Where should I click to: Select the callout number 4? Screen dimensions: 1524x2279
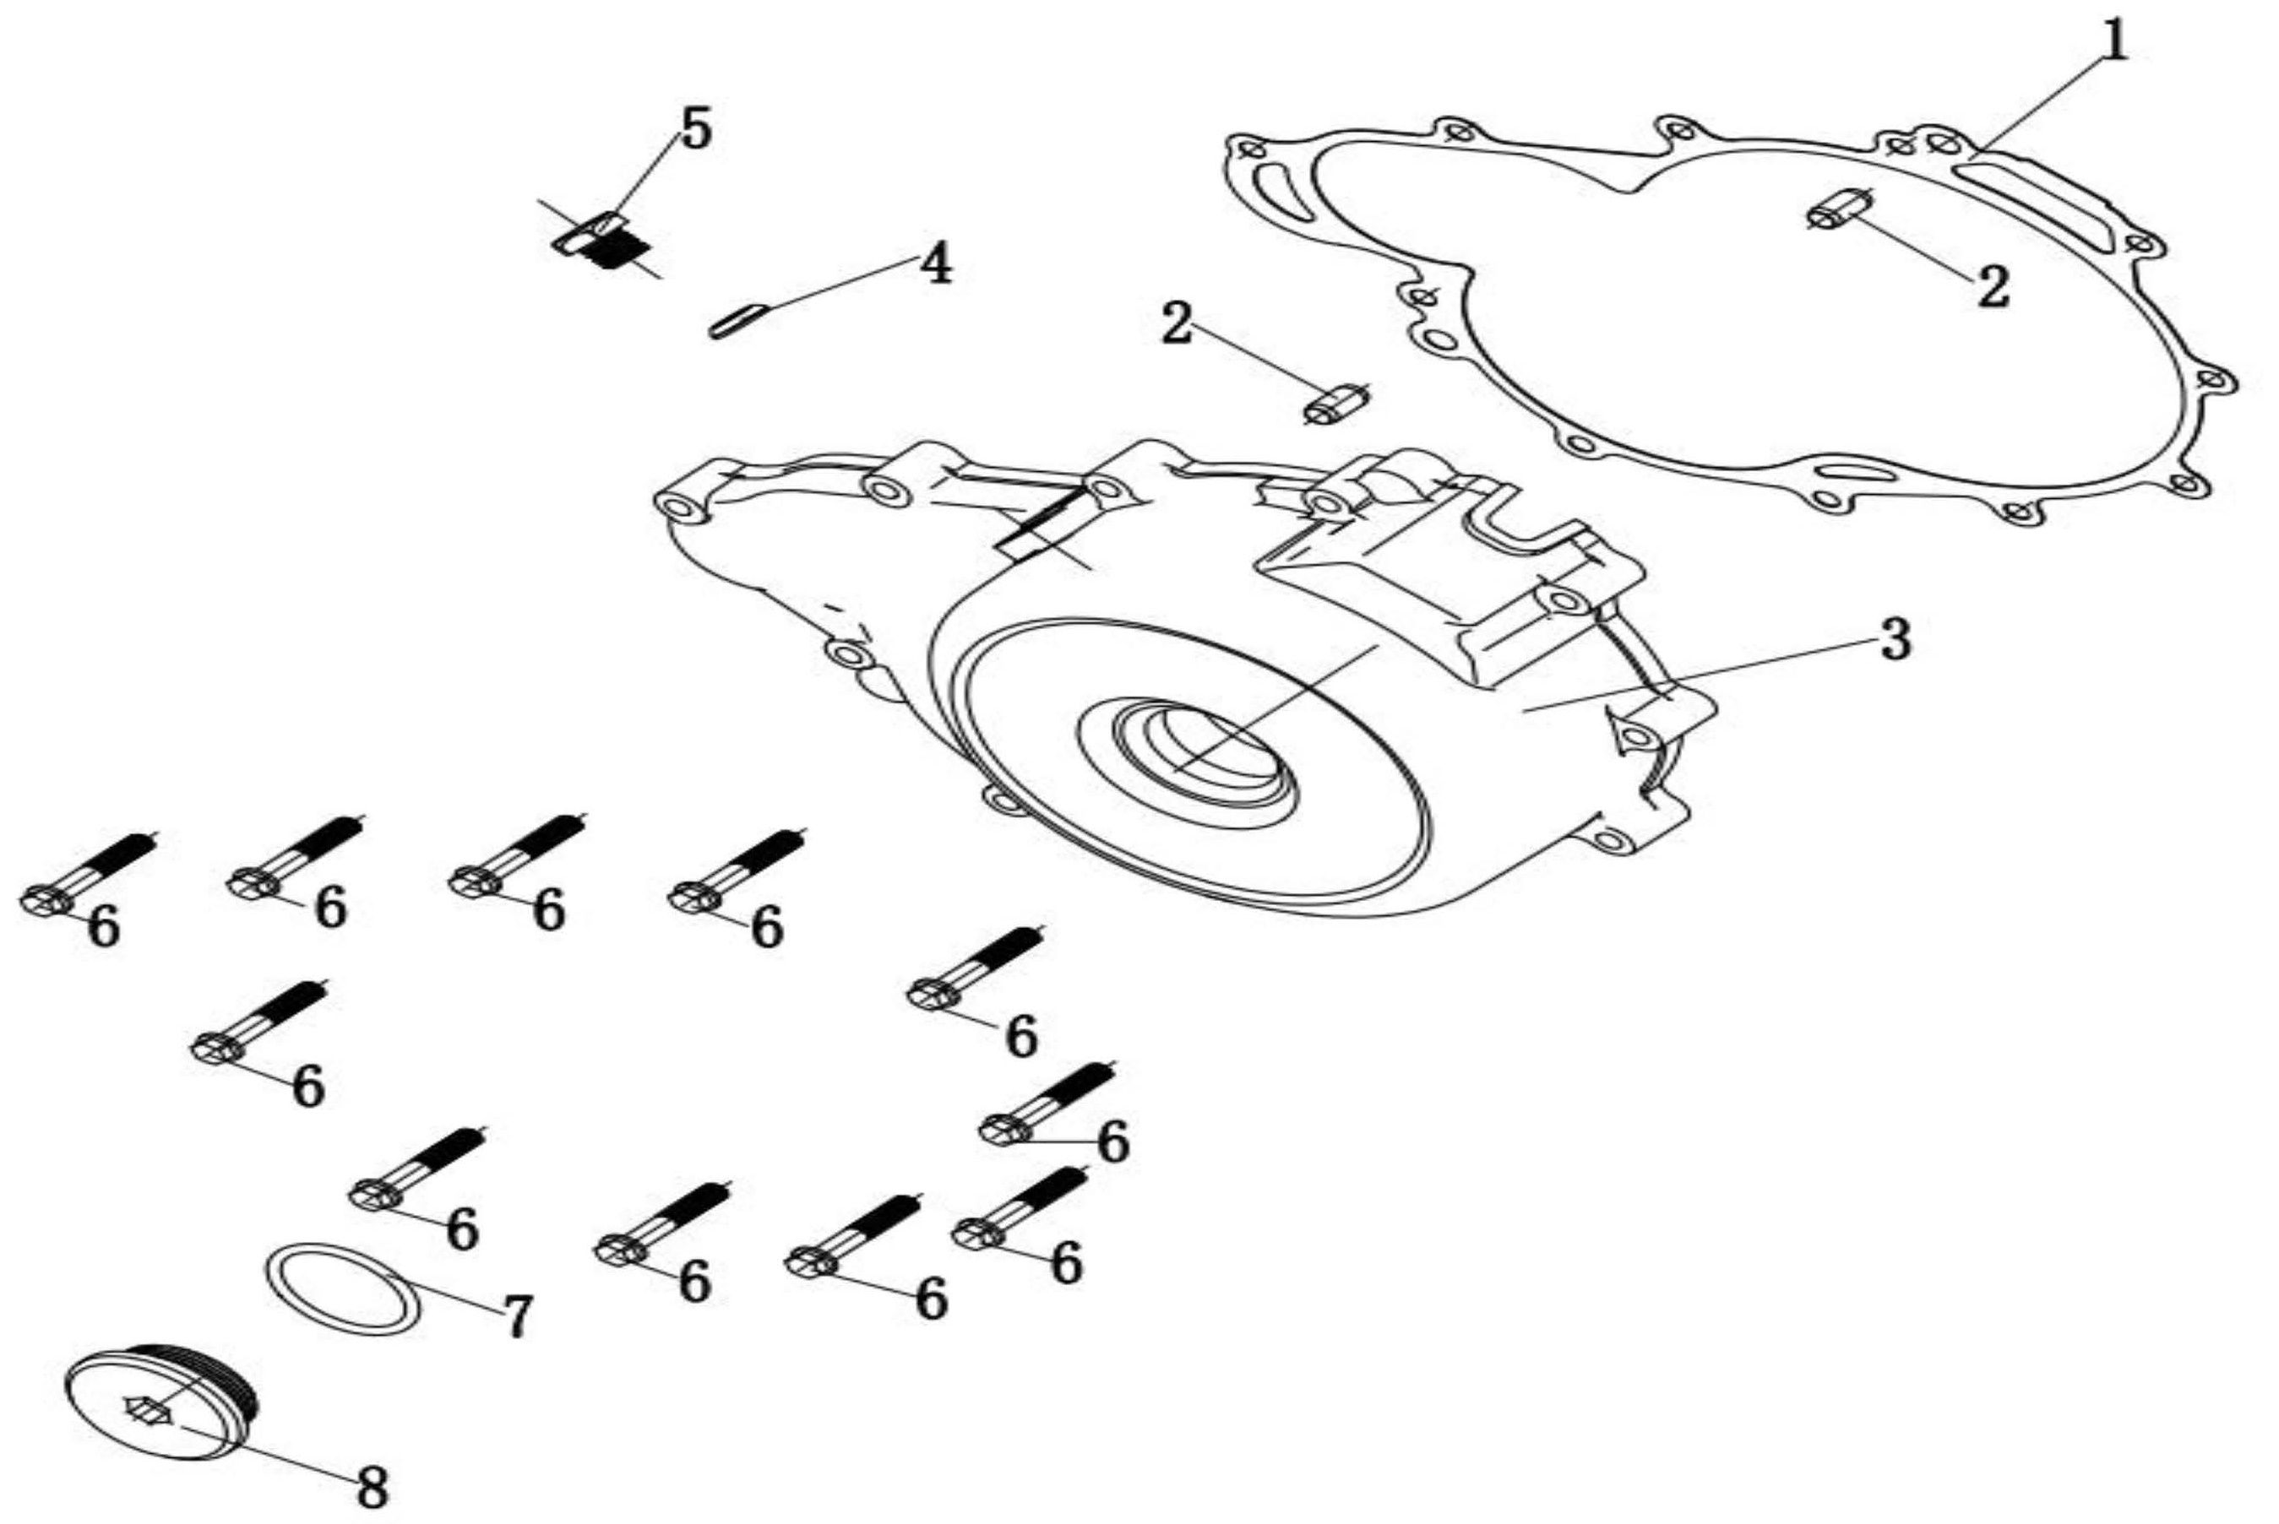pos(935,263)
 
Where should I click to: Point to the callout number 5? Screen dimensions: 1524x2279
pos(695,129)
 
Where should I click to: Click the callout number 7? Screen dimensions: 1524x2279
pos(516,1316)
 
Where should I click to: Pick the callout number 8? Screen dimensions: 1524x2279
pos(373,1486)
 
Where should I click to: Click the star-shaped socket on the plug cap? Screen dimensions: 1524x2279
pos(148,1408)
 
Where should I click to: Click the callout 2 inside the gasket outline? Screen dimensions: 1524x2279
pos(1992,287)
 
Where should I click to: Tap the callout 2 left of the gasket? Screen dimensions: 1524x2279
pos(1177,323)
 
